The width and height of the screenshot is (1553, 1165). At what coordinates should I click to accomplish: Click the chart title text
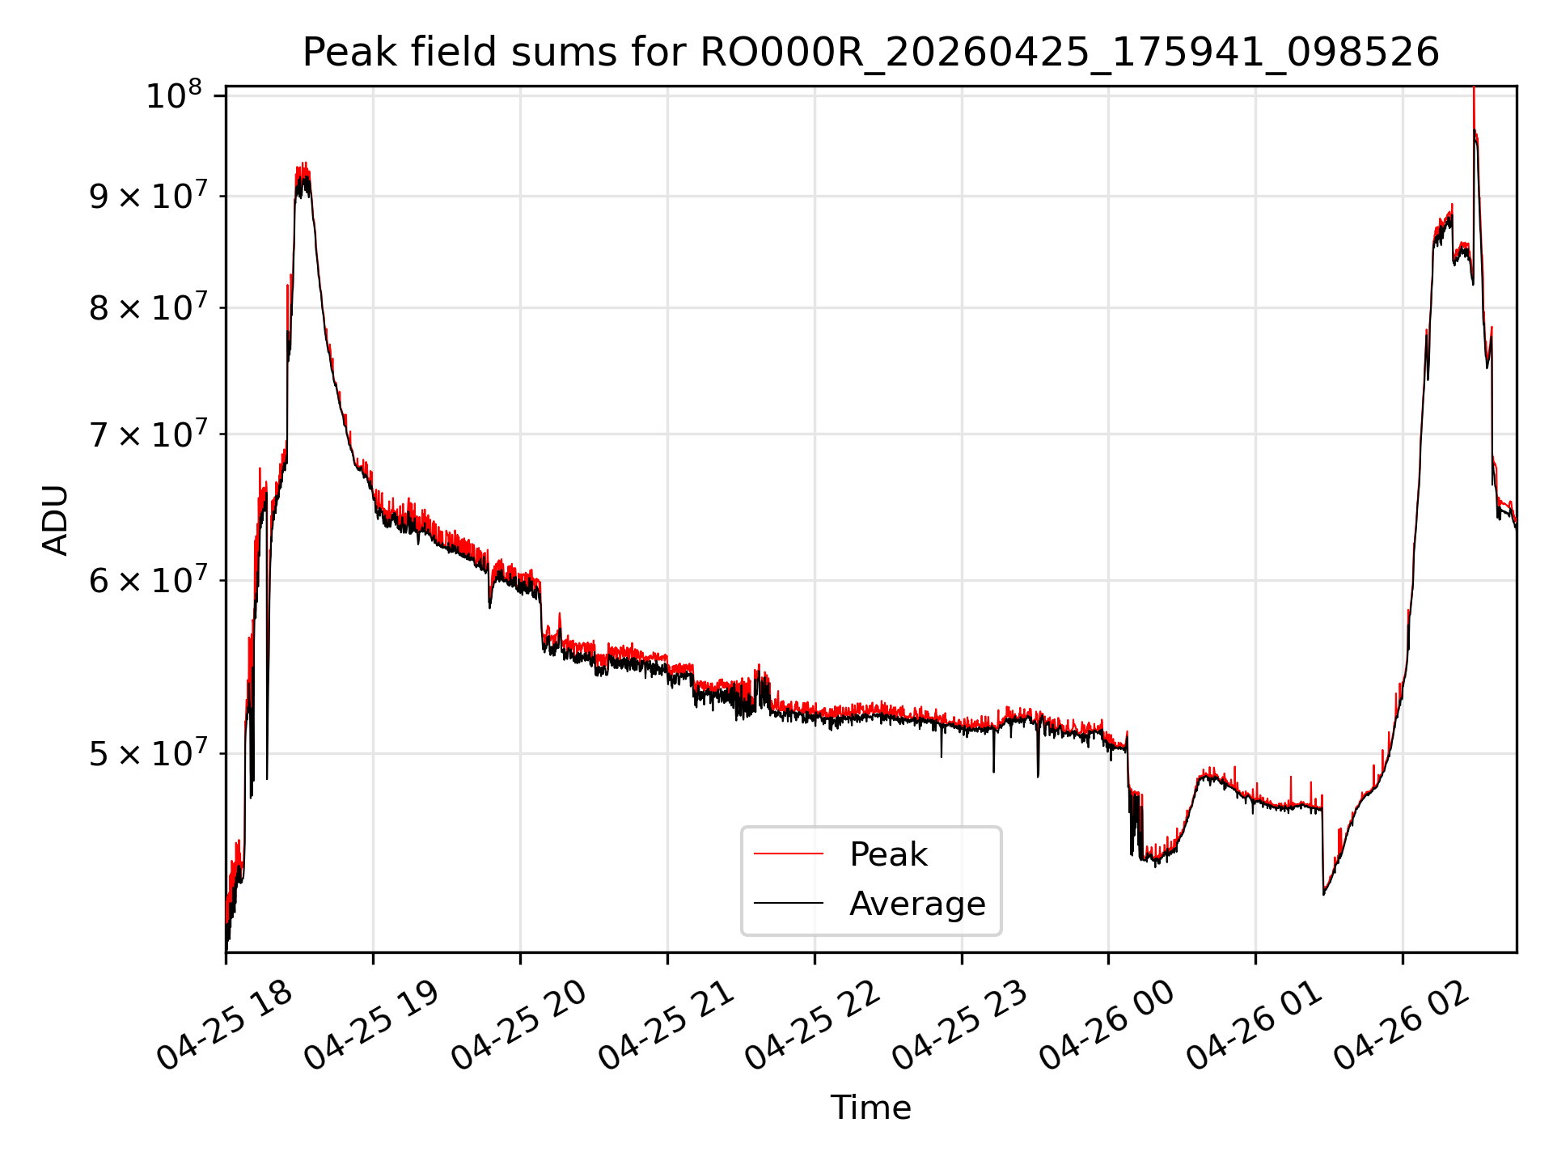pyautogui.click(x=870, y=53)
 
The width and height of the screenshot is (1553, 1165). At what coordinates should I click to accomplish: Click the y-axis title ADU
pyautogui.click(x=56, y=519)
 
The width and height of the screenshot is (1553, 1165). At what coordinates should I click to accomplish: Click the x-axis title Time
pyautogui.click(x=870, y=1108)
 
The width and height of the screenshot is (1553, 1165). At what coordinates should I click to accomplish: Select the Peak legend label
pyautogui.click(x=888, y=854)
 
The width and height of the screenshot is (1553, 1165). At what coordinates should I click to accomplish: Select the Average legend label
pyautogui.click(x=917, y=903)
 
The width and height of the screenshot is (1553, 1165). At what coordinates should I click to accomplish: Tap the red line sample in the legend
pyautogui.click(x=789, y=854)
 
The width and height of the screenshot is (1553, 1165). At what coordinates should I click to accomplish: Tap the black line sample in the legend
pyautogui.click(x=789, y=903)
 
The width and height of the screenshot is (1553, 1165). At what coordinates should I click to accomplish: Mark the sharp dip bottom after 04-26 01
pyautogui.click(x=1323, y=894)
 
